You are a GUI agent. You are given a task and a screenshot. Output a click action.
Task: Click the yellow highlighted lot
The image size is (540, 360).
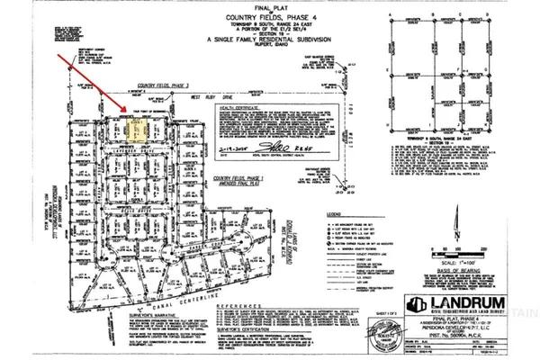click(137, 132)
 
